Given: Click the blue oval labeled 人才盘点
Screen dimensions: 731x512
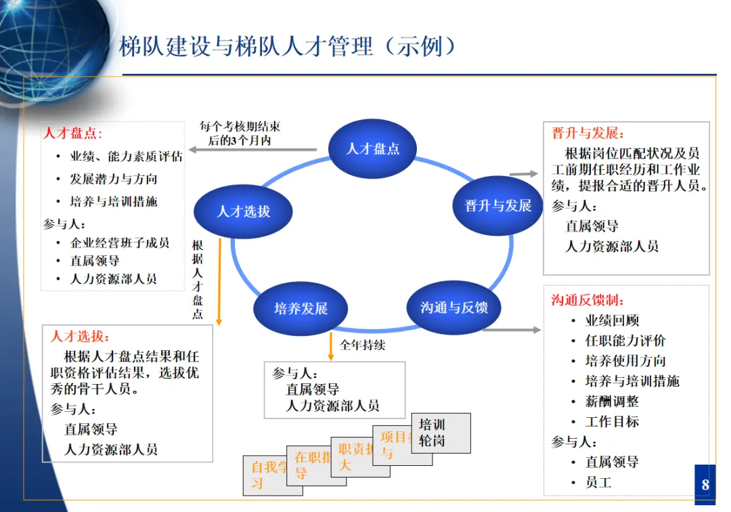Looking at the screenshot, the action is click(x=372, y=149).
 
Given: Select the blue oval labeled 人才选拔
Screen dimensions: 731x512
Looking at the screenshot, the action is click(x=243, y=211).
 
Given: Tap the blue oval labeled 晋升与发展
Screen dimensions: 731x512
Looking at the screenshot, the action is click(x=498, y=206).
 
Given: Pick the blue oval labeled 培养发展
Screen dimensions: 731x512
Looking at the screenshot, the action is click(x=301, y=309).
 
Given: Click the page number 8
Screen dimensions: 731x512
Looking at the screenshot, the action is click(x=705, y=485).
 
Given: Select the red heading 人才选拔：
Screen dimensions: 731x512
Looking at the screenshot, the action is click(x=80, y=337).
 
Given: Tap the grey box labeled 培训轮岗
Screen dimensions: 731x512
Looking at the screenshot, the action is click(x=440, y=433).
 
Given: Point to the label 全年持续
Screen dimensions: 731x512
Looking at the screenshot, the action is click(x=362, y=345).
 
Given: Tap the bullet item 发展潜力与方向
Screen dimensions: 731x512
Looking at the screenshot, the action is click(x=114, y=179).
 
